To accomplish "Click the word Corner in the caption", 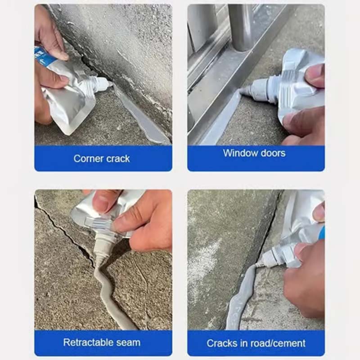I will pos(86,158).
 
